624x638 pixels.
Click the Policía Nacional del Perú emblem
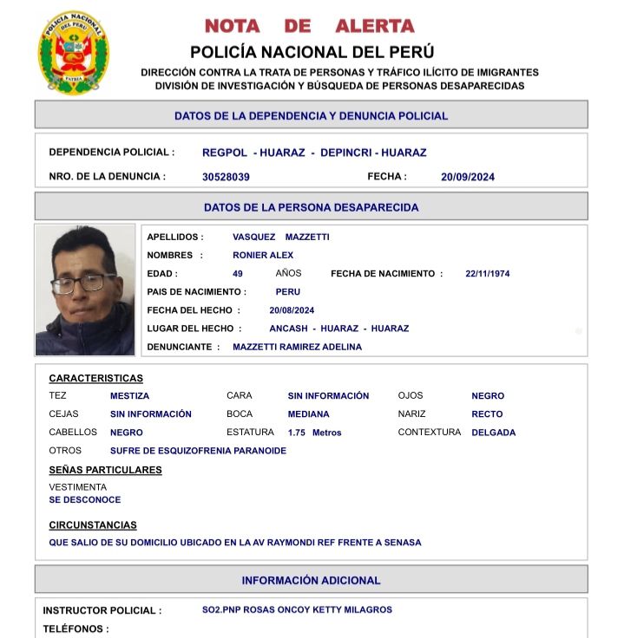point(74,53)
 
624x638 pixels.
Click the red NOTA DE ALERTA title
point(310,26)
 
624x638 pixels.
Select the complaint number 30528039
point(226,177)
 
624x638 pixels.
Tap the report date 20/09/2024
point(468,177)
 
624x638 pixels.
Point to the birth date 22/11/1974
point(488,274)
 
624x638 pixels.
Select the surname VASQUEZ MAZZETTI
point(280,237)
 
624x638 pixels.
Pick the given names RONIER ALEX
point(263,256)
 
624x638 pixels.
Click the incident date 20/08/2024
point(292,310)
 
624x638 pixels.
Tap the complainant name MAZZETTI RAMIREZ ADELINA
point(297,347)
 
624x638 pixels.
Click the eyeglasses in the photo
point(82,283)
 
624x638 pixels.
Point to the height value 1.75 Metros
point(315,433)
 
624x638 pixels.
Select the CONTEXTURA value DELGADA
point(493,433)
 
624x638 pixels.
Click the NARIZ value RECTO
point(487,414)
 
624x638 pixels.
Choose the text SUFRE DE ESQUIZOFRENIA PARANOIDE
point(198,451)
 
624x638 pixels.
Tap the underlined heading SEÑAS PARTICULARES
point(105,470)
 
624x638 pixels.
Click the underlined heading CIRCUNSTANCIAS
point(93,525)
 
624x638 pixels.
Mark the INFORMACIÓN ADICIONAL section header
point(311,580)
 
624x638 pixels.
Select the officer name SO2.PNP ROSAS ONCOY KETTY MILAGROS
point(297,610)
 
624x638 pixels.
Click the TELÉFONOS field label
point(76,629)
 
